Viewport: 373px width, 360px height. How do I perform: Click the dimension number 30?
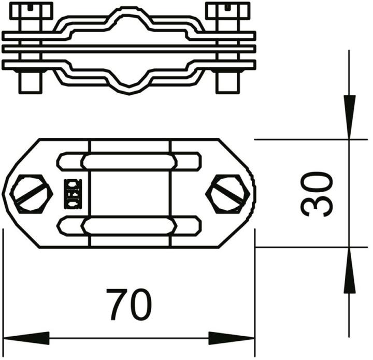tap(317, 194)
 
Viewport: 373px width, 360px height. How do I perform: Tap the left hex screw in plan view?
tap(32, 194)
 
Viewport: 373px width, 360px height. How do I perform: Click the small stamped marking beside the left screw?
tap(73, 193)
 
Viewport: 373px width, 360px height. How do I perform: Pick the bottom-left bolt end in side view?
tap(31, 82)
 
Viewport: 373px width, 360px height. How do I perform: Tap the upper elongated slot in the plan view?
tap(130, 162)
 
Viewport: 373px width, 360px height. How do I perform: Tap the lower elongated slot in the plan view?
tap(130, 225)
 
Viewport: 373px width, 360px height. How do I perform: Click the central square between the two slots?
tap(130, 194)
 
